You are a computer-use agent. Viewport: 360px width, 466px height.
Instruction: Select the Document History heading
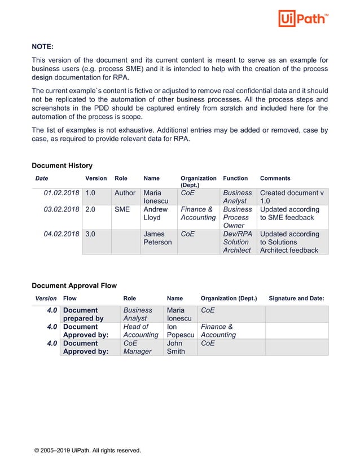tap(62, 165)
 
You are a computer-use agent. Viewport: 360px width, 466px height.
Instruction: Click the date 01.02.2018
tap(62, 193)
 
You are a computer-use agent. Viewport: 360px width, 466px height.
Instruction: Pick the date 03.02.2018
tap(62, 209)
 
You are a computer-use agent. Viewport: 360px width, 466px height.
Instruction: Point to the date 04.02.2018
tap(62, 234)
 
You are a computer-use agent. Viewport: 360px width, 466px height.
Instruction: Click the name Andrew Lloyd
tap(156, 213)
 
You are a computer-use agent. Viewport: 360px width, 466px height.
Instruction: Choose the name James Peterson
tap(157, 238)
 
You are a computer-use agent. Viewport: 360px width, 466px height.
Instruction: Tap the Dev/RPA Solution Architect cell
tap(237, 241)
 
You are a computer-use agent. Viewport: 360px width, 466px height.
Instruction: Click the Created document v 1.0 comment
tap(292, 197)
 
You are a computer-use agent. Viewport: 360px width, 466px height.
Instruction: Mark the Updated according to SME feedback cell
tap(290, 213)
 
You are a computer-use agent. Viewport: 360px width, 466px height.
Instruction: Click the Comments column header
tap(275, 178)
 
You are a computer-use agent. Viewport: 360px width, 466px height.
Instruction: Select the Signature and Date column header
tap(296, 298)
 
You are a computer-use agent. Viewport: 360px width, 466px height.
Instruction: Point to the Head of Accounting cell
tap(141, 331)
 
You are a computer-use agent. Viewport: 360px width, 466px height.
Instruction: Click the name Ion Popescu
tap(180, 331)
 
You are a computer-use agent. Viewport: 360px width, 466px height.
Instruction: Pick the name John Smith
tap(175, 347)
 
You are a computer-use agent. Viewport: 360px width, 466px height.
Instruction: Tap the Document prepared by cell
tap(84, 314)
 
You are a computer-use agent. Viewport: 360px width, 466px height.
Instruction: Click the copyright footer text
tap(87, 450)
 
